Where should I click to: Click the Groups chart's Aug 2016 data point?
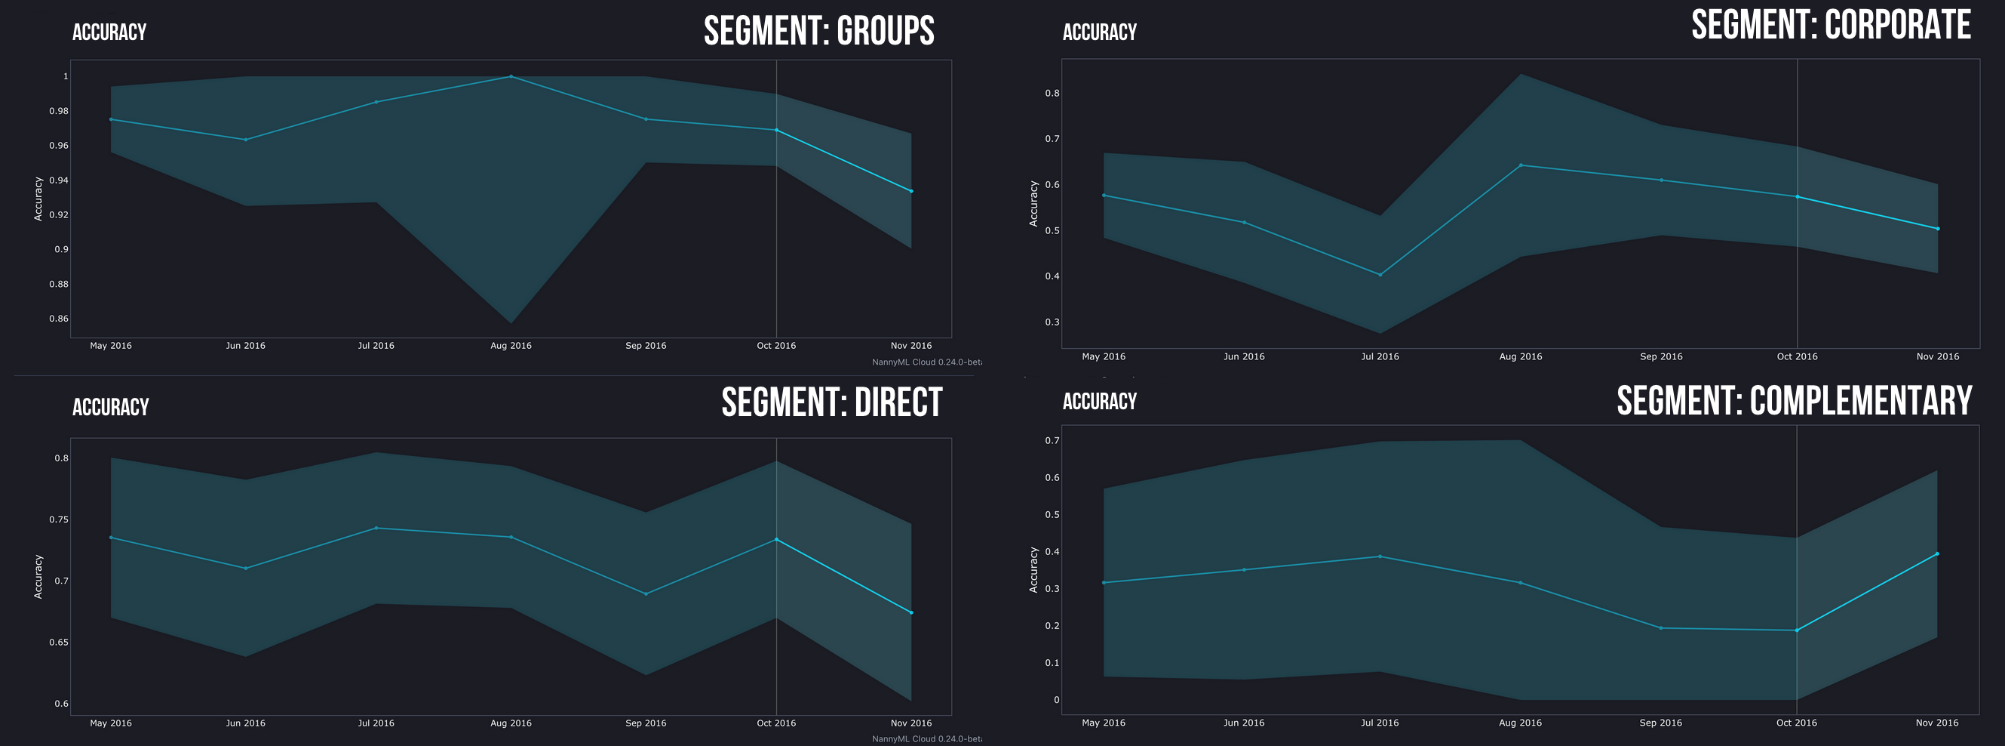[511, 76]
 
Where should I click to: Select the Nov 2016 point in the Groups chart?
[910, 191]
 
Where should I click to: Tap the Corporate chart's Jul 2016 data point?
[1380, 275]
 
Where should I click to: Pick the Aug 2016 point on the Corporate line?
[1520, 165]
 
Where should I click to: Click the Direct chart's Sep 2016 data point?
[645, 594]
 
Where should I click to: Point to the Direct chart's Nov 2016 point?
[910, 613]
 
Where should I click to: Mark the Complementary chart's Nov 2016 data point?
[1936, 553]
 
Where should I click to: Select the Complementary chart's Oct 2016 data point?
[1796, 630]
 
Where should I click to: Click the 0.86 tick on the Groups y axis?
[58, 319]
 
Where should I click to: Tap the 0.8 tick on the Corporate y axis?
[1052, 94]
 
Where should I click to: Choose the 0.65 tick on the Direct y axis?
[58, 643]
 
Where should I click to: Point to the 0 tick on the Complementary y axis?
[1055, 700]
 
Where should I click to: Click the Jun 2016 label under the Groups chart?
[245, 346]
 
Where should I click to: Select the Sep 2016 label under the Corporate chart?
[1661, 356]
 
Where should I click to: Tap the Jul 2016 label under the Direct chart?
[376, 723]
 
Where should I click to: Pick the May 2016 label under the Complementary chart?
[1103, 723]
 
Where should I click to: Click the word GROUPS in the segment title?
[885, 31]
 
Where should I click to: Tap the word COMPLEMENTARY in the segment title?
[1860, 401]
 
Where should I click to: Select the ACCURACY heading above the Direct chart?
[111, 407]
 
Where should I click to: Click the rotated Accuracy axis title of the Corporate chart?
[1033, 204]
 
